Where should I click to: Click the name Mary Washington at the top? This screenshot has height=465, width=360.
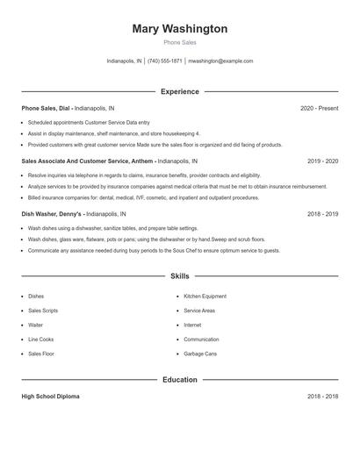click(x=179, y=29)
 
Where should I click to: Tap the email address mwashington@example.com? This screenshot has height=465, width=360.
click(x=220, y=61)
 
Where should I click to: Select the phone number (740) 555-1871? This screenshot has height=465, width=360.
click(x=165, y=61)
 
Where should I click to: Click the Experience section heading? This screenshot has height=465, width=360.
click(x=179, y=91)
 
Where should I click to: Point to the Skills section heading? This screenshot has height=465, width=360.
click(x=179, y=275)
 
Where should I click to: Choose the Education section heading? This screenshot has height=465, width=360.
click(x=179, y=380)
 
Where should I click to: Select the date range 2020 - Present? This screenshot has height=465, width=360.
click(x=319, y=108)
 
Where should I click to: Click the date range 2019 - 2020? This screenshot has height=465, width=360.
click(x=322, y=161)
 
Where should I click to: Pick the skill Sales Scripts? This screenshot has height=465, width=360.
click(x=42, y=311)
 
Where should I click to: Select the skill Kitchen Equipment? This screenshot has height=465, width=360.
click(x=205, y=297)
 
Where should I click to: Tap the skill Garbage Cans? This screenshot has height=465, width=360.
click(x=199, y=354)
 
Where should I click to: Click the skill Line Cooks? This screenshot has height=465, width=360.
click(x=40, y=340)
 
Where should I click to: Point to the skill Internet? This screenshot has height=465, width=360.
click(x=192, y=325)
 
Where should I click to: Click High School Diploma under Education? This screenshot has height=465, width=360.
click(x=50, y=397)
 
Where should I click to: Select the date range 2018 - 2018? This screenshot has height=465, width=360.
click(x=322, y=397)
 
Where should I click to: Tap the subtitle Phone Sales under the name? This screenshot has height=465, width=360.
click(x=179, y=42)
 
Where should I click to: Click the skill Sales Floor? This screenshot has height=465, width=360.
click(x=40, y=354)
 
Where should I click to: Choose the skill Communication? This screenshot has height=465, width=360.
click(x=201, y=340)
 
